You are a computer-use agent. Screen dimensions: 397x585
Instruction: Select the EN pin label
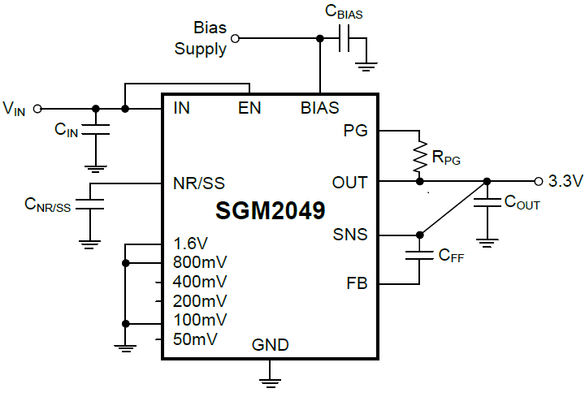tap(249, 108)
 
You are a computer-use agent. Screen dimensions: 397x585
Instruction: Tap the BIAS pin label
tap(320, 108)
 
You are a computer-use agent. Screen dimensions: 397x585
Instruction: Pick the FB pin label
tap(357, 284)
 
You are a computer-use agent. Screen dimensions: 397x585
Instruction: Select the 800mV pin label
tap(200, 262)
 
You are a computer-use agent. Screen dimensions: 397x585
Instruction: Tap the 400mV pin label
tap(200, 282)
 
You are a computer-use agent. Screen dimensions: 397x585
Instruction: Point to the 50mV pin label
tap(195, 339)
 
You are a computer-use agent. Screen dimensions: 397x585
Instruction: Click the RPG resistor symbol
tap(420, 157)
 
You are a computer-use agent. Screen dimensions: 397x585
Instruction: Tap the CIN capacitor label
tap(66, 129)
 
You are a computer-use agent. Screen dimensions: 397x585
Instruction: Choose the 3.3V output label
tap(565, 181)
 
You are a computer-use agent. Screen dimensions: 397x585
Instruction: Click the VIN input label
tap(15, 108)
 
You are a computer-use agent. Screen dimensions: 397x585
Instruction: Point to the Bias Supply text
tap(202, 38)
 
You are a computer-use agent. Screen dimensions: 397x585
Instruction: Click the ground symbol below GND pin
tap(271, 375)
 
